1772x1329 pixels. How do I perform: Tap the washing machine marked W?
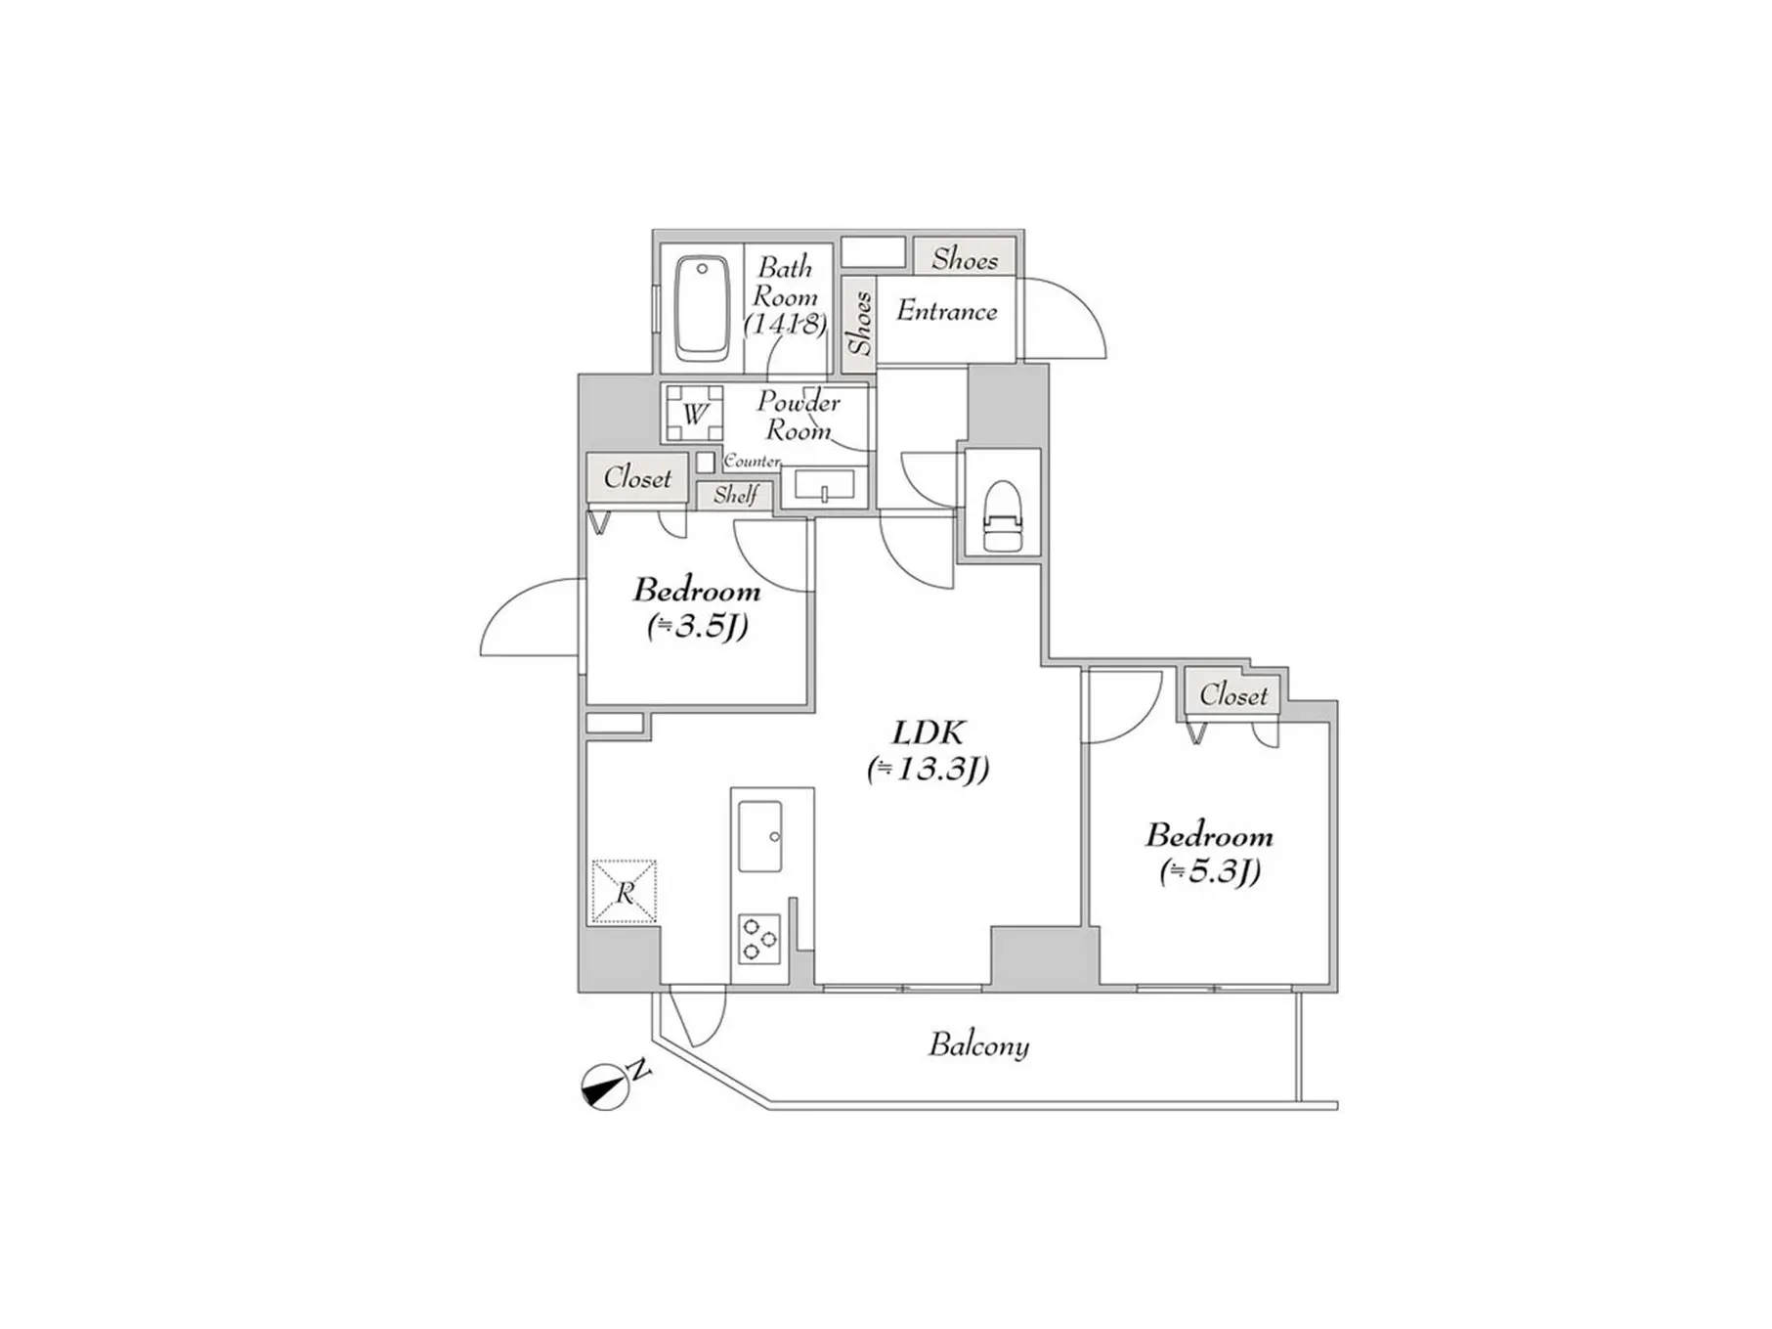(695, 415)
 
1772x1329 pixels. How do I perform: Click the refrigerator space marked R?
(624, 891)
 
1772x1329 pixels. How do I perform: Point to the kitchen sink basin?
(759, 836)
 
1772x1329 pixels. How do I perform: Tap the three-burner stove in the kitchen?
(759, 938)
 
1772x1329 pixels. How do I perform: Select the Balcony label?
(978, 1045)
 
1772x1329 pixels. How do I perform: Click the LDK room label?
(929, 732)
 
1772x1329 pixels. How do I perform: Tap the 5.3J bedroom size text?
(1210, 870)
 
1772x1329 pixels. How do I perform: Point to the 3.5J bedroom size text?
(697, 625)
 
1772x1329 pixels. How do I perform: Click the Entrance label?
(947, 311)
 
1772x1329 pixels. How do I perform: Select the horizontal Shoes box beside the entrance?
(965, 258)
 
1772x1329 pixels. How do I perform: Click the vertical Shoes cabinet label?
(859, 324)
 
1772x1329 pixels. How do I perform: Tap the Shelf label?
(735, 495)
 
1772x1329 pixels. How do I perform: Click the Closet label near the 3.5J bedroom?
(637, 477)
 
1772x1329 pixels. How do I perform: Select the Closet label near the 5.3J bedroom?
(1233, 694)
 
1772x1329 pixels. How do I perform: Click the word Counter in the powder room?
(752, 461)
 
